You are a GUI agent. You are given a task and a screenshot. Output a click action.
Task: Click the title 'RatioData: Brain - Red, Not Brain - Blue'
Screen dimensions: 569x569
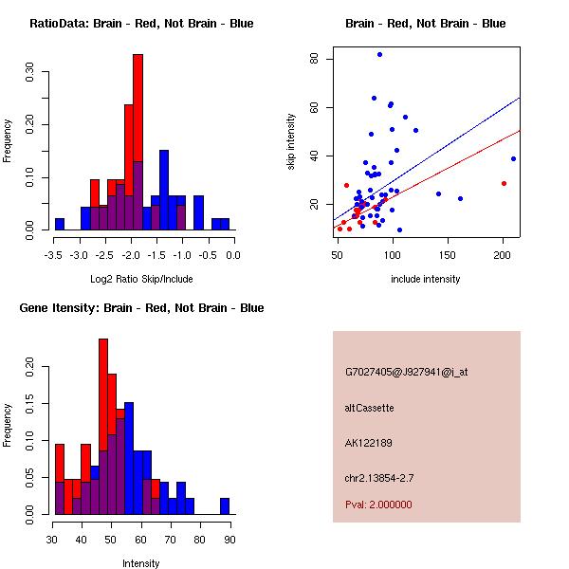pyautogui.click(x=141, y=24)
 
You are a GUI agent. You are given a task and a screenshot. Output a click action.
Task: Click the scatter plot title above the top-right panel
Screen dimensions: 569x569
pyautogui.click(x=425, y=24)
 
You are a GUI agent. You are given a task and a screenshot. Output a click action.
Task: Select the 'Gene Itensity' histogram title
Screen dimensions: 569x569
pyautogui.click(x=140, y=308)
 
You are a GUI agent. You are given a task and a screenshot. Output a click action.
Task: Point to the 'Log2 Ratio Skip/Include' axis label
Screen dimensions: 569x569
pyautogui.click(x=140, y=279)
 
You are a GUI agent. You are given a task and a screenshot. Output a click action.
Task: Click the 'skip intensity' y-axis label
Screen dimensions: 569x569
pyautogui.click(x=291, y=142)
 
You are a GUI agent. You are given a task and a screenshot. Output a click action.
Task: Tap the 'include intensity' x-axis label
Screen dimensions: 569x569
pyautogui.click(x=425, y=279)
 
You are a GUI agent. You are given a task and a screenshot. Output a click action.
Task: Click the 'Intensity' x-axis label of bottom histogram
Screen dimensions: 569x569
pyautogui.click(x=140, y=563)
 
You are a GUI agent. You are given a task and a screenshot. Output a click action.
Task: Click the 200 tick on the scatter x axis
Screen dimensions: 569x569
pyautogui.click(x=503, y=255)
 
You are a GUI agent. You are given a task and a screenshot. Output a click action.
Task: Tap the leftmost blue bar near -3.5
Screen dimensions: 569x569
pyautogui.click(x=59, y=224)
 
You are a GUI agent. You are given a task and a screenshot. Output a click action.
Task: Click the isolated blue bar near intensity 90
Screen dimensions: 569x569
pyautogui.click(x=225, y=505)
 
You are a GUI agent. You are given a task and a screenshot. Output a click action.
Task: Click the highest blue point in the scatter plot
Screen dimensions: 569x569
pyautogui.click(x=379, y=55)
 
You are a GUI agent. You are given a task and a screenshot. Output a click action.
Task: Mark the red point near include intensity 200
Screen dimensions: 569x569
pyautogui.click(x=504, y=184)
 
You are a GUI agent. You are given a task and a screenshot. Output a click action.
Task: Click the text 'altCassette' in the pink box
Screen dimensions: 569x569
pyautogui.click(x=369, y=408)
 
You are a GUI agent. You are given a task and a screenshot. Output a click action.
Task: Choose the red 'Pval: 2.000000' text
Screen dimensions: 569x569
pyautogui.click(x=378, y=505)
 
